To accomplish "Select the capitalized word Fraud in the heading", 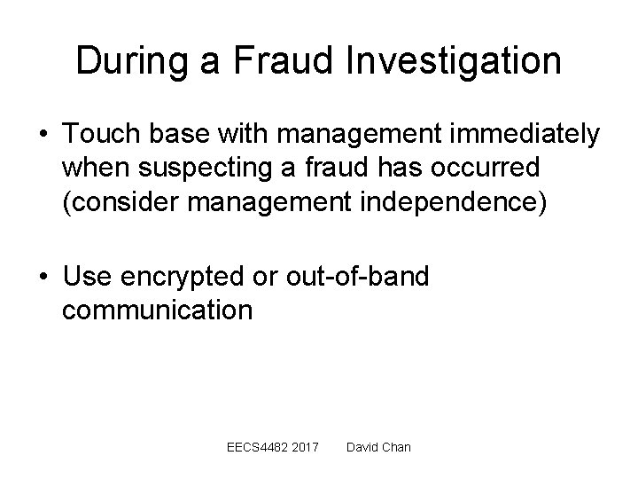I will (x=276, y=60).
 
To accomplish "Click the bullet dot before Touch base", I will (x=42, y=136).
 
